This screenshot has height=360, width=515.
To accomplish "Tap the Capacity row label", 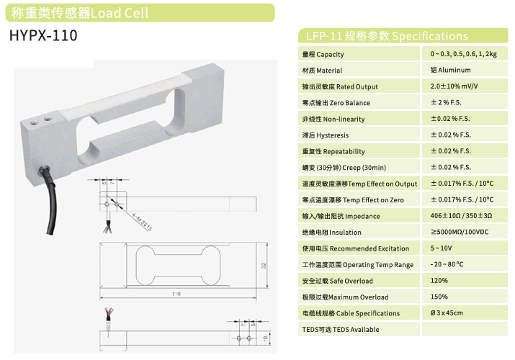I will (x=323, y=55).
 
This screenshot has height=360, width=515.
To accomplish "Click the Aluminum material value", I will (x=451, y=71).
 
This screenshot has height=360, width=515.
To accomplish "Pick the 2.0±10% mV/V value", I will (x=454, y=86).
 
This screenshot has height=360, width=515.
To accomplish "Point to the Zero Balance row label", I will (x=332, y=103).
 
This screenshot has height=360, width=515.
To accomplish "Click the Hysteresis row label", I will (x=325, y=135).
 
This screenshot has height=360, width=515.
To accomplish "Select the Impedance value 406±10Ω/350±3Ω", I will (x=461, y=216).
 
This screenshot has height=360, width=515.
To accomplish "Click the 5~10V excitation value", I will (x=442, y=248).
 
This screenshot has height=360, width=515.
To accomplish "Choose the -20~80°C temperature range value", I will (x=447, y=264).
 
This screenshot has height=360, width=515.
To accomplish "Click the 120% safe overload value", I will (x=439, y=281).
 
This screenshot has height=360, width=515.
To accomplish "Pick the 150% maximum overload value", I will (x=439, y=297).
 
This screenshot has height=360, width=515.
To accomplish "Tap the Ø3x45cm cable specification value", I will (x=447, y=313).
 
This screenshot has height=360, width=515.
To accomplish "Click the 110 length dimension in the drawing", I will (x=176, y=294).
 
